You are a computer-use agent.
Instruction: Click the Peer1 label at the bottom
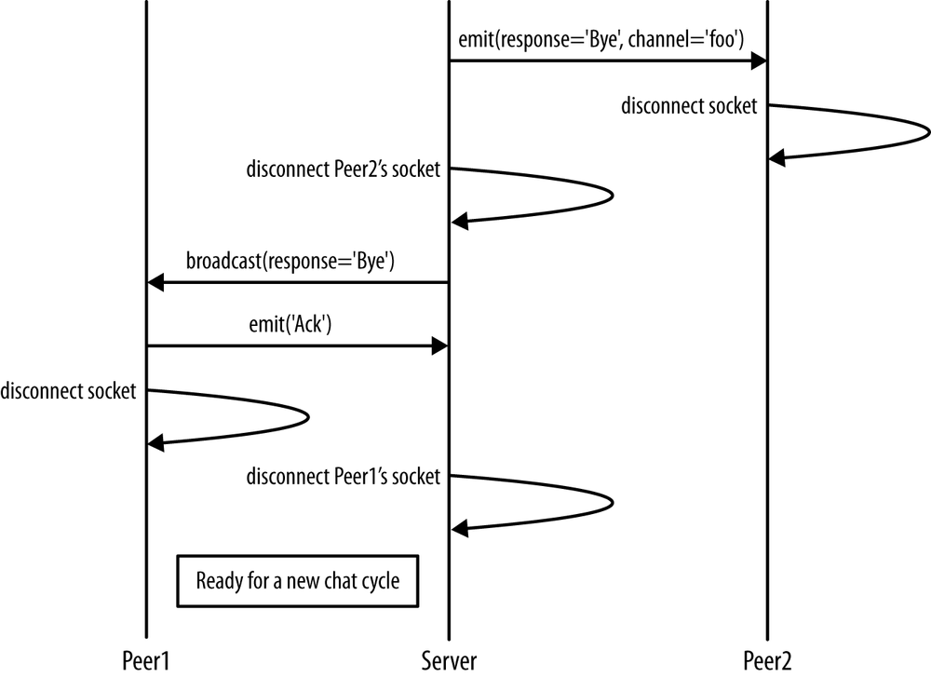146,660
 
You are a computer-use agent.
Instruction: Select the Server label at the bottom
450,660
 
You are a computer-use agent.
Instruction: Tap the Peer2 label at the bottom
768,660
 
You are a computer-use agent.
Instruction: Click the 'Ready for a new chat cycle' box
297,581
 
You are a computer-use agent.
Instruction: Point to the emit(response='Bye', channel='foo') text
600,42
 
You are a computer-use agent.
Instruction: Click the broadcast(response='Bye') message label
290,262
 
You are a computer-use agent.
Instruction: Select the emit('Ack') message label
291,326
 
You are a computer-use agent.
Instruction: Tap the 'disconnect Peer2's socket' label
343,169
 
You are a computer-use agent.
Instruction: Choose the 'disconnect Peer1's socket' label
343,477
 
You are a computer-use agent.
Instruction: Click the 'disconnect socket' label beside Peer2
689,106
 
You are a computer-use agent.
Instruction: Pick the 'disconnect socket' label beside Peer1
69,391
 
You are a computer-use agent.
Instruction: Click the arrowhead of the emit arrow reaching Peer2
759,61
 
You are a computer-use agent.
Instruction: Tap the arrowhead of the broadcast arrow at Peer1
155,282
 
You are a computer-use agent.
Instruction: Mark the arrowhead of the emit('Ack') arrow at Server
440,346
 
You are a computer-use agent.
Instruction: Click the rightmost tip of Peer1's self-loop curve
308,416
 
